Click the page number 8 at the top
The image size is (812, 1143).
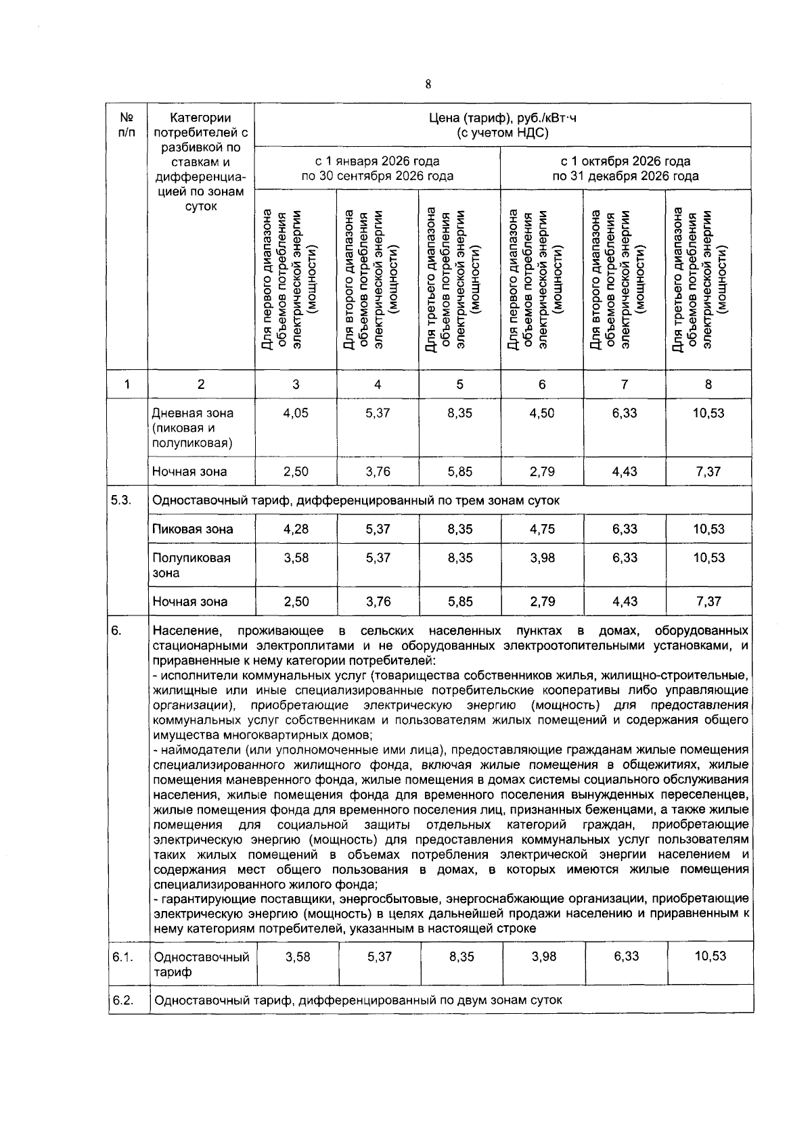428,85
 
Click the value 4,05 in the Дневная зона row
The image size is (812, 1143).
296,413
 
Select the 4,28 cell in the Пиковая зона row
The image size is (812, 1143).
296,529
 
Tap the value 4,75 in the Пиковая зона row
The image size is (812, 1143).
542,529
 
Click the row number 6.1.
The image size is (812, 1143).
122,957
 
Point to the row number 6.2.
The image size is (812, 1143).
122,1000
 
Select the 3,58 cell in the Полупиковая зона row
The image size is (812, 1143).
296,558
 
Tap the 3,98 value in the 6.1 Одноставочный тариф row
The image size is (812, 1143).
543,956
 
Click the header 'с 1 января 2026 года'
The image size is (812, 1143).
377,161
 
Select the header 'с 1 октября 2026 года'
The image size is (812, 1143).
625,161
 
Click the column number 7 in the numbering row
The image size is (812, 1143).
624,384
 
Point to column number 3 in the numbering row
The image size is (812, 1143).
296,384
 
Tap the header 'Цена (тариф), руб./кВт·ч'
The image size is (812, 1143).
502,118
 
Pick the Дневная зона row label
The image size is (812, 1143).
192,427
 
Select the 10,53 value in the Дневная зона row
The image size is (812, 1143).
708,413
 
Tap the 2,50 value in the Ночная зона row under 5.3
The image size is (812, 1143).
296,601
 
